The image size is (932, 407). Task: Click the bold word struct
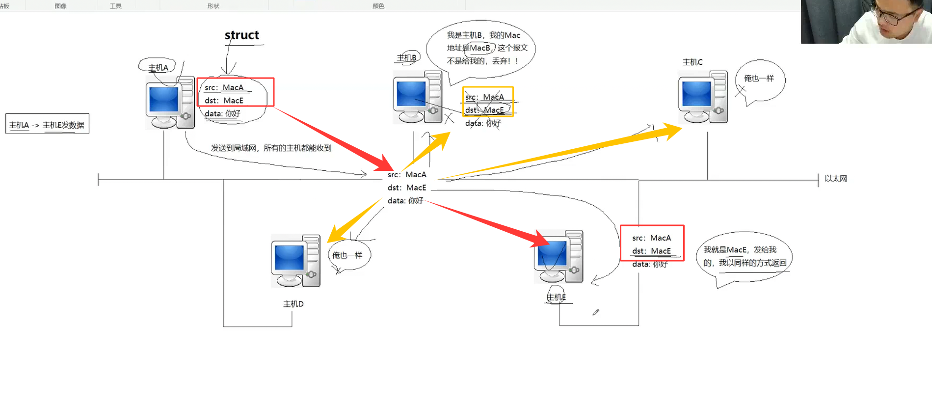(x=241, y=35)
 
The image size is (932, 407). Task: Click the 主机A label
(x=158, y=68)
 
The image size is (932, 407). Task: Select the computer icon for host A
(x=170, y=103)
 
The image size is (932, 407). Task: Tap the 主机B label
(x=406, y=58)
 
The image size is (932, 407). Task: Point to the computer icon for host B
(x=417, y=97)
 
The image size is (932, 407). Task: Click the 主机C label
(x=692, y=62)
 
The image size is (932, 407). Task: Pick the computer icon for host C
(x=702, y=97)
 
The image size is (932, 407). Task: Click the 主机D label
(x=293, y=304)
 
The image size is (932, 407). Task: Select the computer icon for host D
(x=295, y=261)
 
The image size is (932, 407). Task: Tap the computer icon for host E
(x=559, y=256)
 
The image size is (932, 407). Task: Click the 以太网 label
(x=836, y=179)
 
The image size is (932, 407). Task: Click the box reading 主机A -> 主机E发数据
(x=47, y=125)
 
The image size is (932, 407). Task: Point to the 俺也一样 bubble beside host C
(x=759, y=79)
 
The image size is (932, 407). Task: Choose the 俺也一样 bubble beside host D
(x=348, y=255)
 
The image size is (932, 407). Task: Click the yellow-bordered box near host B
(x=488, y=102)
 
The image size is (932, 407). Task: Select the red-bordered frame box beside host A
(x=236, y=92)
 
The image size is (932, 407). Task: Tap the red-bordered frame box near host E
(x=652, y=243)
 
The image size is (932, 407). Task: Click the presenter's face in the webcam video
(x=891, y=20)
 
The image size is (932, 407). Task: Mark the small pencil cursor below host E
(x=595, y=312)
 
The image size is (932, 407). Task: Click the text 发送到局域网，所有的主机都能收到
(x=271, y=148)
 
